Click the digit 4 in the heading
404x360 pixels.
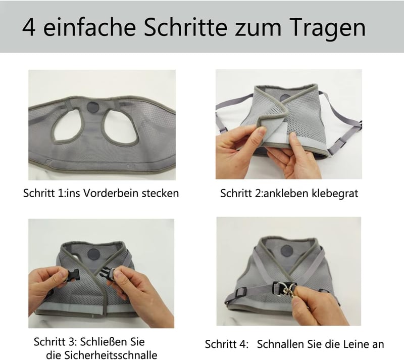coord(29,27)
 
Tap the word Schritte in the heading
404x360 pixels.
coord(185,27)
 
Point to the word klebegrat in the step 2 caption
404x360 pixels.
coord(335,193)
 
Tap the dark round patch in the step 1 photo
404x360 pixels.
coord(92,107)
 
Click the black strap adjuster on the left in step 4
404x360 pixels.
coord(241,292)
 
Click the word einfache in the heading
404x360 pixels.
coord(89,27)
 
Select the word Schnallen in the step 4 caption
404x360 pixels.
coord(280,344)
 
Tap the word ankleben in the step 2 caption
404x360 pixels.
coord(285,193)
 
